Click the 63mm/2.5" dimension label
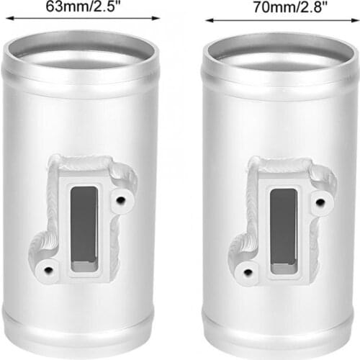[83, 6]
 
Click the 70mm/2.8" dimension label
[290, 7]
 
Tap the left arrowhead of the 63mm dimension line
[9, 18]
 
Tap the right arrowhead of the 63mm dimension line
[156, 18]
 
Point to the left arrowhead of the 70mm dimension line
[210, 20]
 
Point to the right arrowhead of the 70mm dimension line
[356, 20]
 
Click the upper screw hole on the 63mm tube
[120, 199]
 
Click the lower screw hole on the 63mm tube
[49, 270]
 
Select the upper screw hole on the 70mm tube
[320, 202]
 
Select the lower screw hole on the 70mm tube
[248, 272]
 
